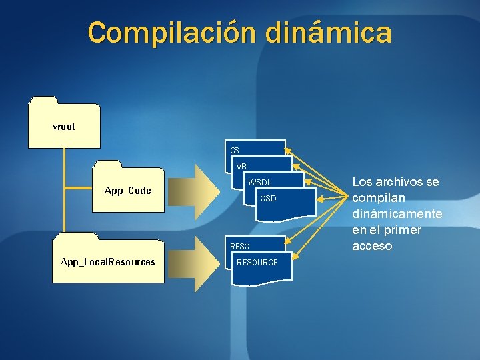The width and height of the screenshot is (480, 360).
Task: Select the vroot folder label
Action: click(63, 126)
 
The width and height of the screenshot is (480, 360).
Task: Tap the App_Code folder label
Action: click(128, 191)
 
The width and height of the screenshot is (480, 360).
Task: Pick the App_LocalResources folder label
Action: click(107, 262)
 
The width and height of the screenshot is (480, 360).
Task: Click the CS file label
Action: click(235, 151)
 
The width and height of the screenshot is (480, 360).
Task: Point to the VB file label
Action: click(241, 166)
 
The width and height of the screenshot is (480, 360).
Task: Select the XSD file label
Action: click(268, 199)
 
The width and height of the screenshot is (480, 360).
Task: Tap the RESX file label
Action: click(239, 247)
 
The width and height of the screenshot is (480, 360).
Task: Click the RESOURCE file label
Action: click(257, 263)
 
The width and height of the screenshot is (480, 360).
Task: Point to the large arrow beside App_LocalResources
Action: click(197, 262)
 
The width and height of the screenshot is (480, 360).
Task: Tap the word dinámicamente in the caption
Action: click(397, 214)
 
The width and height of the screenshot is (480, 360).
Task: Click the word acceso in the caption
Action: click(372, 246)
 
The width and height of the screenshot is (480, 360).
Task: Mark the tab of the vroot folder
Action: click(43, 100)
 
